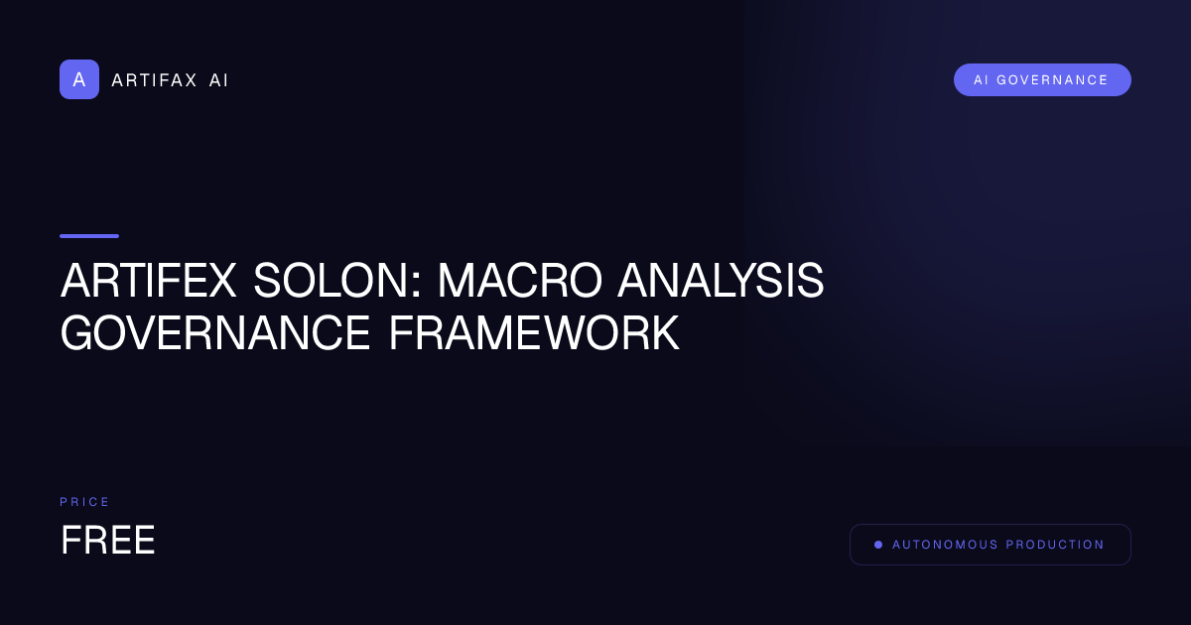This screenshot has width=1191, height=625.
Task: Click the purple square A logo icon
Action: tap(79, 79)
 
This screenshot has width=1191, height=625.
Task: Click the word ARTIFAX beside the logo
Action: tap(154, 80)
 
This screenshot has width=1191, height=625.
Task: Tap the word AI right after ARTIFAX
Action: tap(218, 80)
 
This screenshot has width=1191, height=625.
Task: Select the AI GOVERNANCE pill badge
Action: tap(1042, 80)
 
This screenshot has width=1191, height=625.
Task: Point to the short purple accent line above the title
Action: tap(89, 236)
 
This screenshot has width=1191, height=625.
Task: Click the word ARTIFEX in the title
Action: tap(149, 282)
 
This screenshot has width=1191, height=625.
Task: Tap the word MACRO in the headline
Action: tap(519, 282)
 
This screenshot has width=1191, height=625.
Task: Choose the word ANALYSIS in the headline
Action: tap(721, 282)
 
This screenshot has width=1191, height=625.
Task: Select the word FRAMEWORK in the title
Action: tap(534, 334)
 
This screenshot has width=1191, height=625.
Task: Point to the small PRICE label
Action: tap(85, 502)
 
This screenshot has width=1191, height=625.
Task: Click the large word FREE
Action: tap(108, 541)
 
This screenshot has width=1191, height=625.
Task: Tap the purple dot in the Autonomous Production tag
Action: tap(878, 545)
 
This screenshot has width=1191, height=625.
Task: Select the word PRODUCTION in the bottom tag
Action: tap(1055, 545)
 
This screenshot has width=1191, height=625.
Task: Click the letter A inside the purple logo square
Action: tap(79, 79)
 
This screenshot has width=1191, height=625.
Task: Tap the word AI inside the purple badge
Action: tap(981, 80)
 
